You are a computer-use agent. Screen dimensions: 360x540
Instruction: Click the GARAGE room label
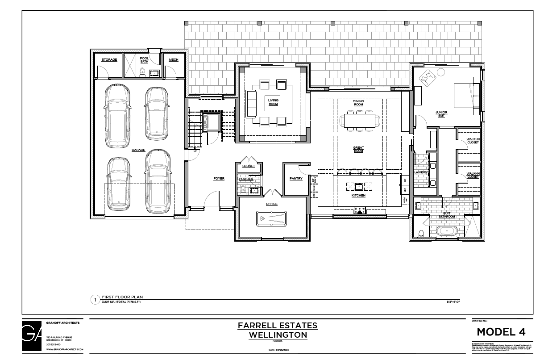point(138,150)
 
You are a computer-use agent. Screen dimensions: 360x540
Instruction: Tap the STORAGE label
point(109,60)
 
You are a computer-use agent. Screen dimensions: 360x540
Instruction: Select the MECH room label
point(174,60)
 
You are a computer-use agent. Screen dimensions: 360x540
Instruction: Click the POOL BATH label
point(144,60)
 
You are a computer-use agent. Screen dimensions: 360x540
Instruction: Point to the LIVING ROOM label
point(273,102)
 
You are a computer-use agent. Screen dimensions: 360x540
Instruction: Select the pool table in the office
point(272,218)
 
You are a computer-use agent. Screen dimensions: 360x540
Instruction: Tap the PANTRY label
point(296,179)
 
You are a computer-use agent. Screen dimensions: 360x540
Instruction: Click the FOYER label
point(219,179)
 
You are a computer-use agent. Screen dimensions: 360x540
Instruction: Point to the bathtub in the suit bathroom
point(447,231)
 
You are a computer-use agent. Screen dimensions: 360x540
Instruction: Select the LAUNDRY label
point(421,172)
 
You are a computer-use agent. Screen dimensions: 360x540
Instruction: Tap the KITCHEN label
point(358,196)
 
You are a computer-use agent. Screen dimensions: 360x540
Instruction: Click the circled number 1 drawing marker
point(95,300)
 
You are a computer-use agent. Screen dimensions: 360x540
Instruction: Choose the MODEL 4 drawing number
point(501,332)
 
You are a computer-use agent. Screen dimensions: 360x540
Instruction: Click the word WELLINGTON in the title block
point(278,335)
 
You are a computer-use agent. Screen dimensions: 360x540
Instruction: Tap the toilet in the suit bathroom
point(421,232)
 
